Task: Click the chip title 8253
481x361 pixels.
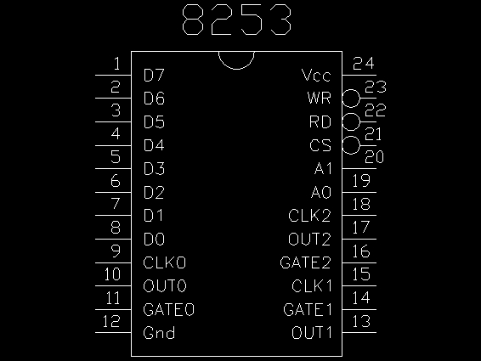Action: click(236, 20)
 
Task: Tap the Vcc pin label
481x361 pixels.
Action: click(316, 75)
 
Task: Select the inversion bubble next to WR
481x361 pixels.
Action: click(351, 99)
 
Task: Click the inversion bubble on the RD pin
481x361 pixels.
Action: click(351, 121)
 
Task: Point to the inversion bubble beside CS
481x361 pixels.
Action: click(351, 145)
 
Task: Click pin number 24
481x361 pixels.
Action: click(364, 64)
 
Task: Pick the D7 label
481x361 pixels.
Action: click(154, 75)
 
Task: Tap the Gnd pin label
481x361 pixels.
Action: click(159, 333)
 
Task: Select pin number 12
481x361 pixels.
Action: click(111, 321)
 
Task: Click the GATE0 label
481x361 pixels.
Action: click(169, 309)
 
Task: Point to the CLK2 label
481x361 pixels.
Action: click(309, 215)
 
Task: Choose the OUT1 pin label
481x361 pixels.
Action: click(312, 333)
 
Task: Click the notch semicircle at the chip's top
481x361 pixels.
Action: click(236, 69)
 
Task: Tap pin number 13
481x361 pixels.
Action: click(361, 321)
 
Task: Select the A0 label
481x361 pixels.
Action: click(321, 192)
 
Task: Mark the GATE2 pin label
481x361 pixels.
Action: click(306, 262)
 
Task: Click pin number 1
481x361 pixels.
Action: click(116, 64)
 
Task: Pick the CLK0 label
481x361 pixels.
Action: click(164, 262)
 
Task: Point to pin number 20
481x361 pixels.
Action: click(374, 157)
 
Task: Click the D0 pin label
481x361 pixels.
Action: click(154, 240)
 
